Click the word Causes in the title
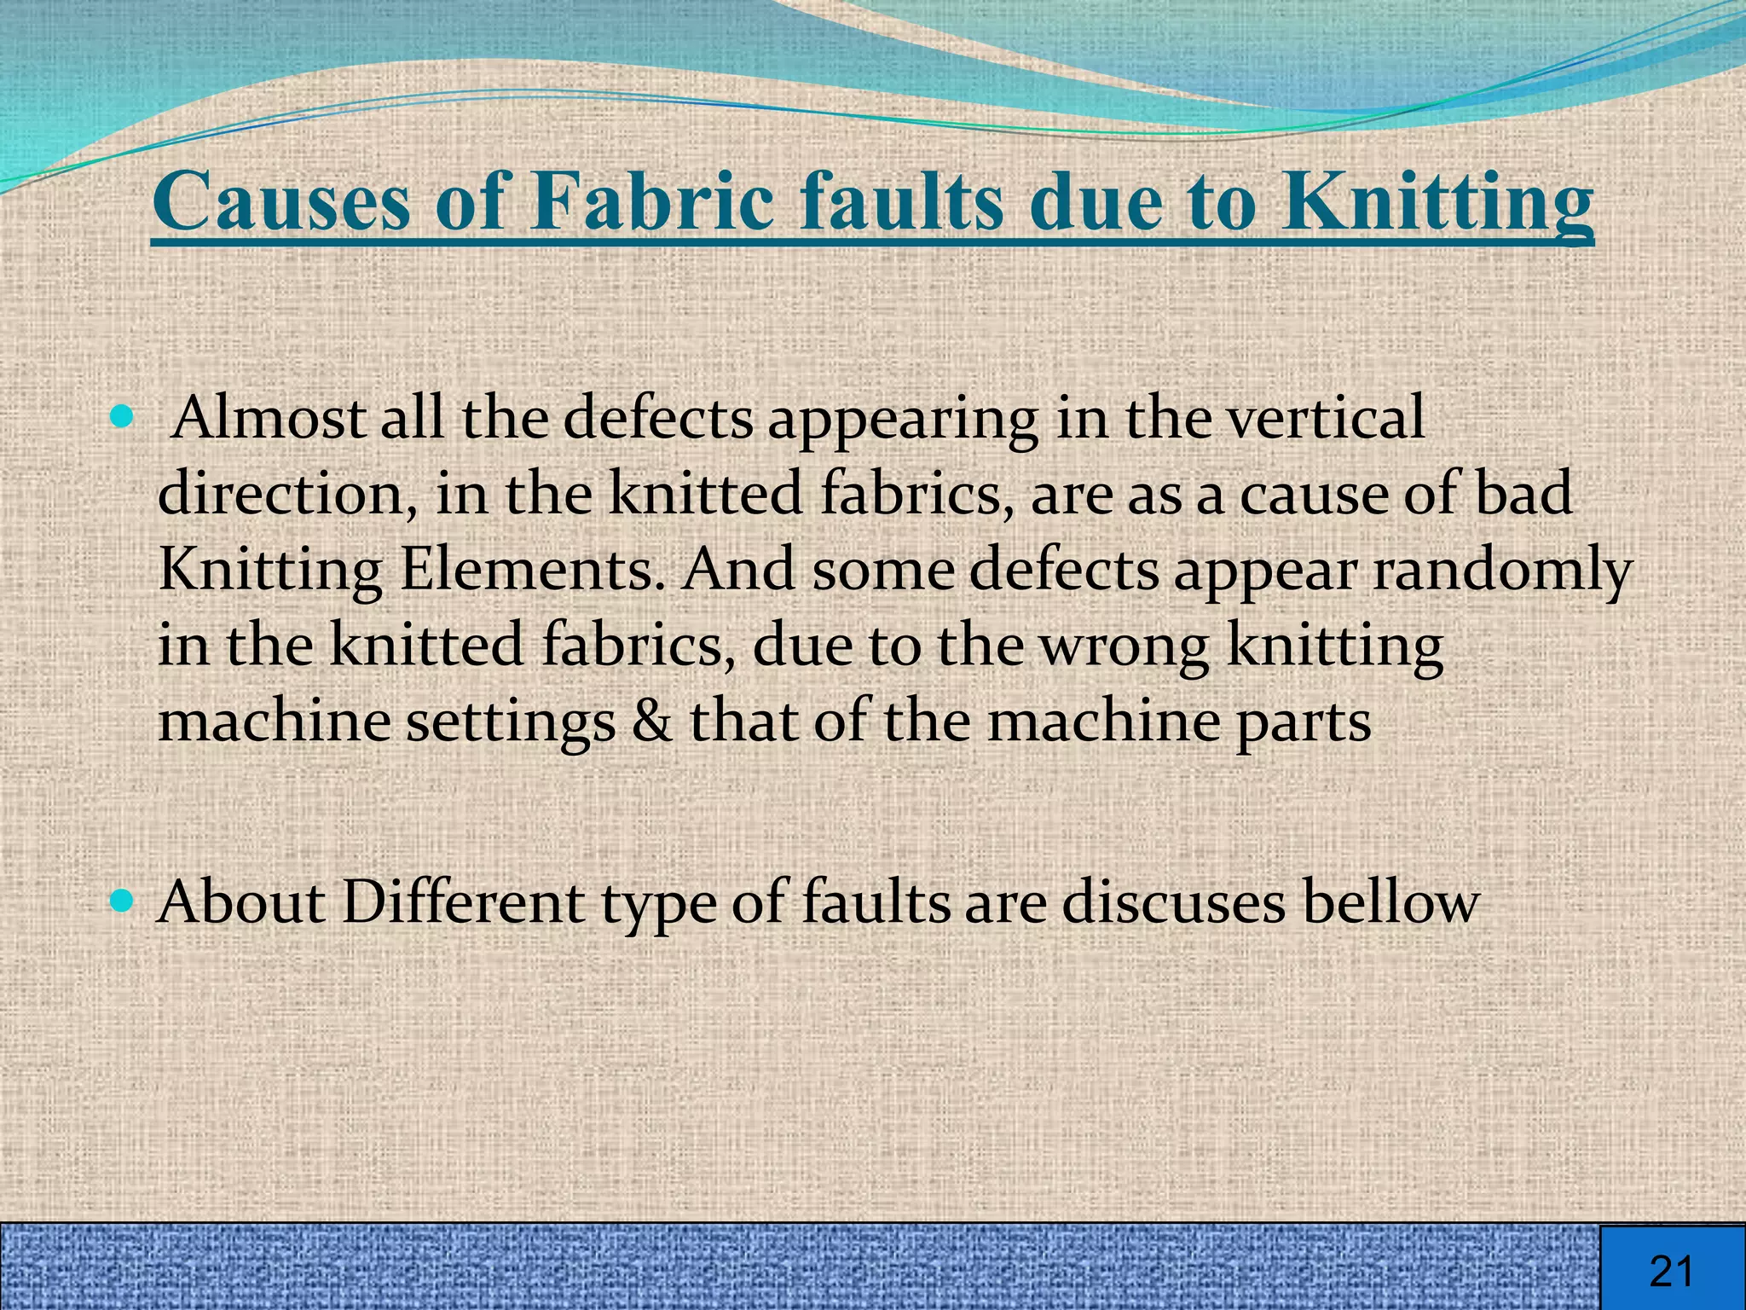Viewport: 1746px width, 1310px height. click(281, 201)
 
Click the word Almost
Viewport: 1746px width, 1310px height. click(269, 418)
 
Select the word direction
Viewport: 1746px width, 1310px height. click(281, 493)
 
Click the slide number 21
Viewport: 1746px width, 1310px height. click(1672, 1271)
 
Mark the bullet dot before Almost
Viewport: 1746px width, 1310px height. click(124, 418)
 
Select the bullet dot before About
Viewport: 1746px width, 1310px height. click(124, 899)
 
